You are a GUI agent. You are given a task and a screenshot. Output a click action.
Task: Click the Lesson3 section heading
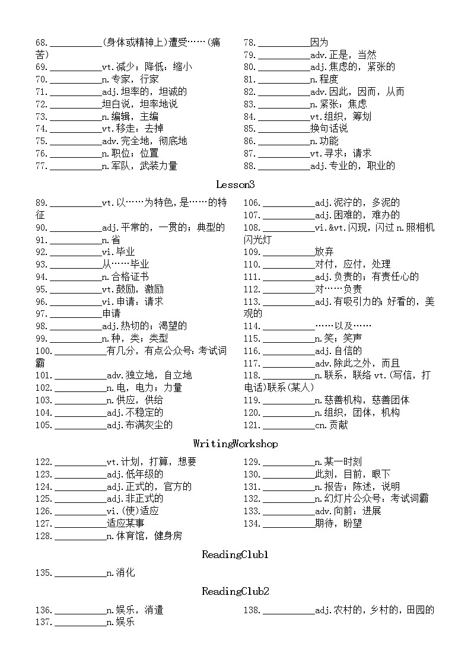(x=235, y=184)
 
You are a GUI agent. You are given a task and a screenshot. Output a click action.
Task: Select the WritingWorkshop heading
(x=235, y=444)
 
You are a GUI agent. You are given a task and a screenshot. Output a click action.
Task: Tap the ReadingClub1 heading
(x=235, y=555)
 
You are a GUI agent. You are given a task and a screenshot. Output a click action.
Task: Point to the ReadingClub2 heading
(x=235, y=591)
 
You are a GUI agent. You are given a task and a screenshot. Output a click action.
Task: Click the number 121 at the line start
(x=252, y=425)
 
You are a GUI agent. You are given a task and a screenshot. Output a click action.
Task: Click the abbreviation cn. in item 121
(x=321, y=425)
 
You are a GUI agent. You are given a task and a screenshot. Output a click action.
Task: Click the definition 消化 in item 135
(x=125, y=573)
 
